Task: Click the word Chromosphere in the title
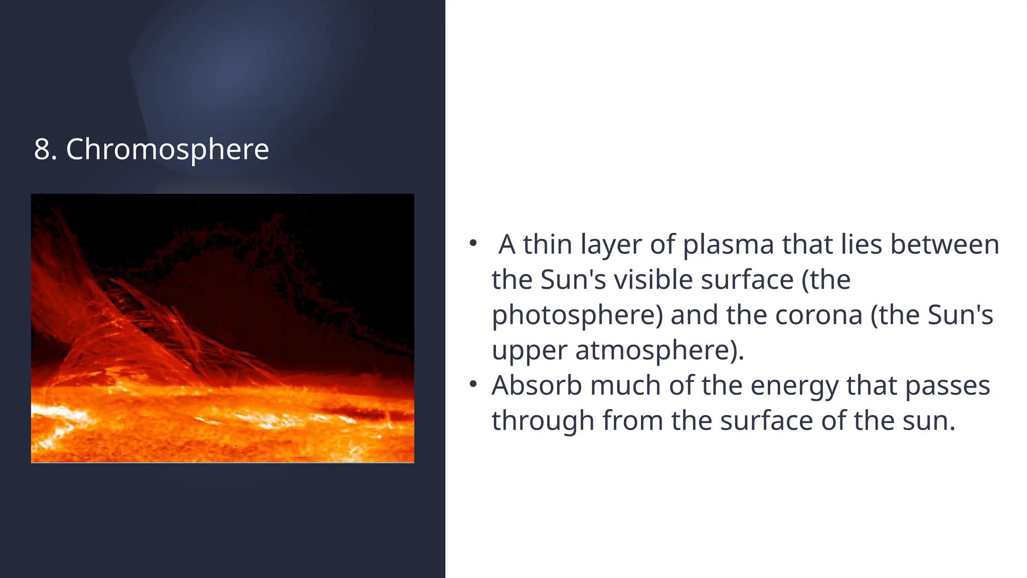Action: pyautogui.click(x=167, y=150)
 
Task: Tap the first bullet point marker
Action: pyautogui.click(x=473, y=244)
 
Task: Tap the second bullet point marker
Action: pyautogui.click(x=473, y=385)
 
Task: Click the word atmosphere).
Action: pyautogui.click(x=659, y=350)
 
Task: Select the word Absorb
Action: pyautogui.click(x=537, y=385)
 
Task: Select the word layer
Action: pyautogui.click(x=611, y=245)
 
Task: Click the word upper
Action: pyautogui.click(x=530, y=351)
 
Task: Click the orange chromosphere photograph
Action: pyautogui.click(x=223, y=328)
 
